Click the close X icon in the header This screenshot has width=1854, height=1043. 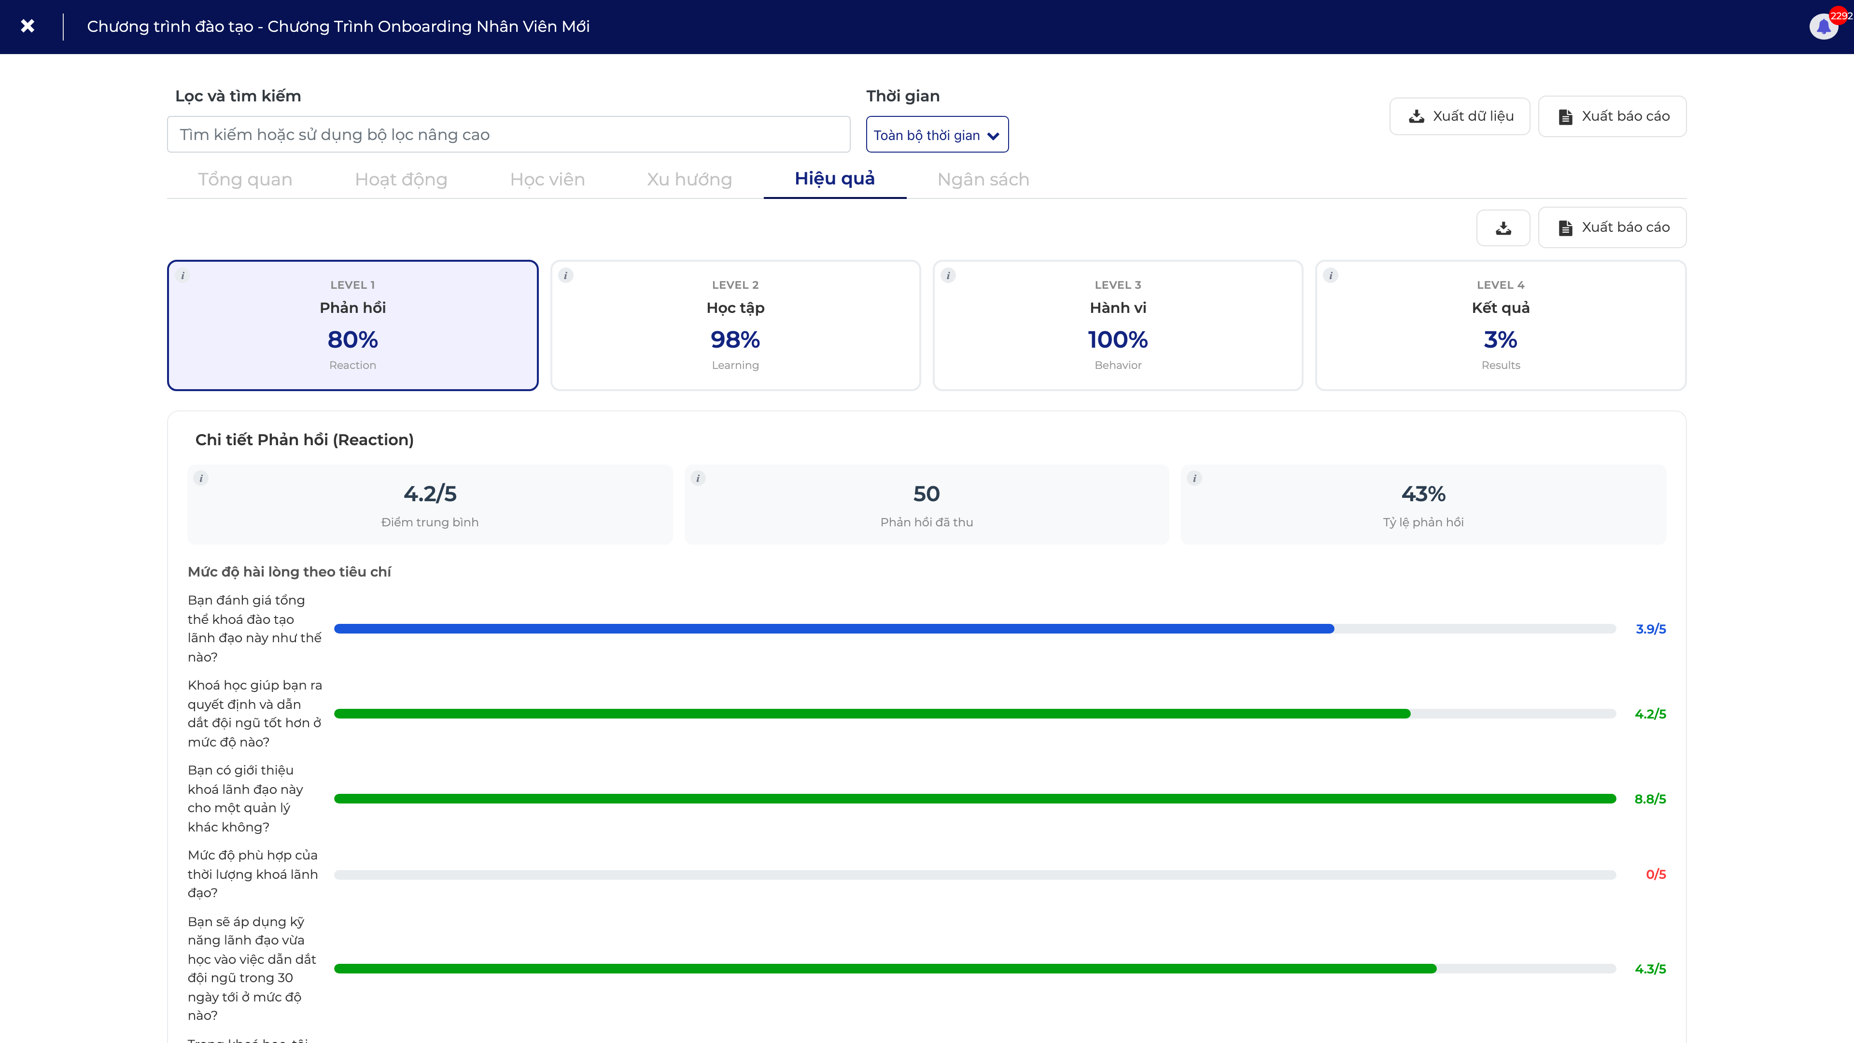point(28,26)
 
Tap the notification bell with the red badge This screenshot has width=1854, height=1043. point(1824,27)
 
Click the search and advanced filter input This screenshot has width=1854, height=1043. point(508,135)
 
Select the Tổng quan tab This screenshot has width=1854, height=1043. point(245,179)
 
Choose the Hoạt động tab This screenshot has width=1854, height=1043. point(401,179)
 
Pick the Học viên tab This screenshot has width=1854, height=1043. point(547,179)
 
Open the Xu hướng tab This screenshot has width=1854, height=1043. point(689,179)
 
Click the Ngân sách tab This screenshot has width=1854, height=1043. point(983,179)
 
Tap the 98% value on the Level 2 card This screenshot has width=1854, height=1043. point(735,339)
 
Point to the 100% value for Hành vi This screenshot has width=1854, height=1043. point(1118,339)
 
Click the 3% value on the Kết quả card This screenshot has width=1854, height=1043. point(1501,339)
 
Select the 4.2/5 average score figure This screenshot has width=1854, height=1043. point(430,494)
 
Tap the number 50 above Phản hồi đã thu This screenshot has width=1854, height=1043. point(927,494)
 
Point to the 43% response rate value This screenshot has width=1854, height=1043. point(1423,494)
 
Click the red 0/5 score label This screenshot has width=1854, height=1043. point(1656,874)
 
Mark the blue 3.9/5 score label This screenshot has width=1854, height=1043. point(1650,629)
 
